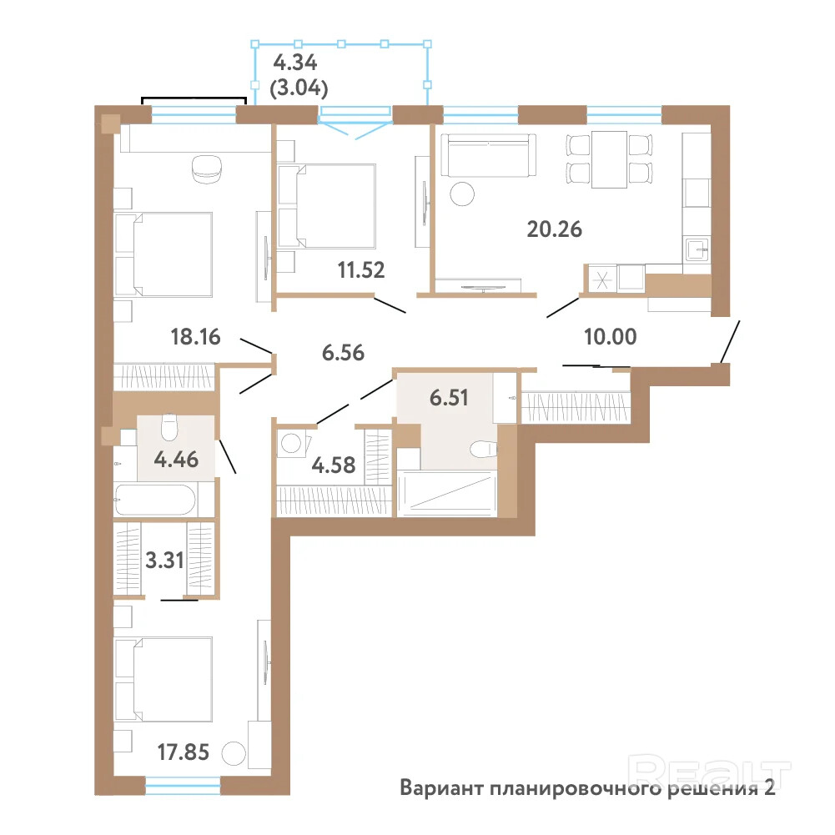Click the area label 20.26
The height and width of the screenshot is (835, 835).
pyautogui.click(x=555, y=229)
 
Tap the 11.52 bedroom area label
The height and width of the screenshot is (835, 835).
pyautogui.click(x=361, y=270)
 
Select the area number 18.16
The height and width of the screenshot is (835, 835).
pyautogui.click(x=195, y=336)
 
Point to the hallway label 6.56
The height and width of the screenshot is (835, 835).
pyautogui.click(x=343, y=353)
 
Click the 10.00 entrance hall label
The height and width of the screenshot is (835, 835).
pyautogui.click(x=611, y=336)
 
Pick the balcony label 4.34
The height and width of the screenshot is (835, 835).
pyautogui.click(x=295, y=63)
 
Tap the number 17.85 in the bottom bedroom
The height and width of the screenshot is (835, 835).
pyautogui.click(x=184, y=752)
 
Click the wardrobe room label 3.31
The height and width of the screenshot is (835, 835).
pyautogui.click(x=164, y=561)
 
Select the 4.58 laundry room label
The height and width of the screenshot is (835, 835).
pyautogui.click(x=334, y=465)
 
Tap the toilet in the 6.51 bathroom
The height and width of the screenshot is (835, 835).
pyautogui.click(x=483, y=449)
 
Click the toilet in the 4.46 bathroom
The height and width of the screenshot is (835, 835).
pyautogui.click(x=169, y=428)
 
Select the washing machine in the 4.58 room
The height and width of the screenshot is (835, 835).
pyautogui.click(x=292, y=444)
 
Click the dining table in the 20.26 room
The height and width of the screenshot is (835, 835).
pyautogui.click(x=609, y=159)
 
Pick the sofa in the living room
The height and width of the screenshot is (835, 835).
pyautogui.click(x=488, y=155)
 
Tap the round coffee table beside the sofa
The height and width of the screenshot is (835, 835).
pyautogui.click(x=461, y=194)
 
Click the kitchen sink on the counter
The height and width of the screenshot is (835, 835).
pyautogui.click(x=697, y=249)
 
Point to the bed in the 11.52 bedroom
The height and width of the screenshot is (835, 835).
pyautogui.click(x=326, y=206)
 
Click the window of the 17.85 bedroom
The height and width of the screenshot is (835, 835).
pyautogui.click(x=183, y=786)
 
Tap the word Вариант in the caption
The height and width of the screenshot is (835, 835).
pyautogui.click(x=441, y=787)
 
